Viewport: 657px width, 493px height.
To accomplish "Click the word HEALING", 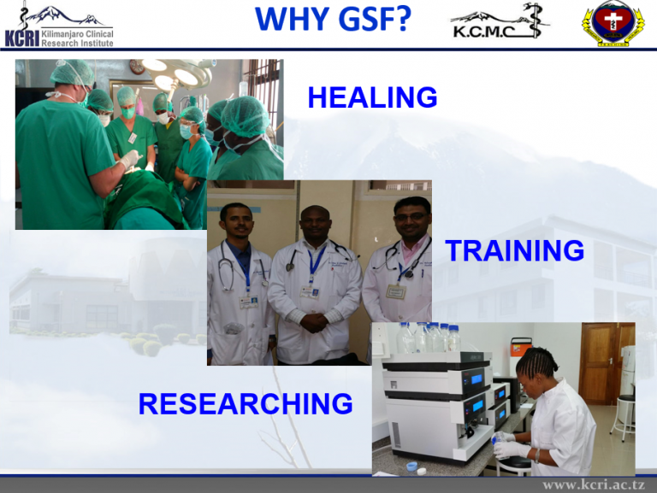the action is coord(372,97).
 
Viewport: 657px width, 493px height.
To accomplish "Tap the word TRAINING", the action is coord(514,250).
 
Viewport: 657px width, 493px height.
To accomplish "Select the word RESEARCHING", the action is coord(246,403).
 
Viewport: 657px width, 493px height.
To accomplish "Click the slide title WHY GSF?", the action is coord(333,19).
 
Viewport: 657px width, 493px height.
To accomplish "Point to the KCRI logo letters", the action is coord(22,38).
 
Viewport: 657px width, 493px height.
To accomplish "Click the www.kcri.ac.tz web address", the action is coord(594,484).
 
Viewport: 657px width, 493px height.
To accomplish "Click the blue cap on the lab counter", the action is coord(411,466).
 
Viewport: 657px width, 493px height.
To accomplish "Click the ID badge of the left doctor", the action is coord(248,302).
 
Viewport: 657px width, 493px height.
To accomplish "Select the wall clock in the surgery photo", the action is coord(137,66).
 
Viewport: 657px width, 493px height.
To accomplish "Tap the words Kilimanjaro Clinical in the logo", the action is coord(77,34).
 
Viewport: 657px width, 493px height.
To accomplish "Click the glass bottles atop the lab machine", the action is coord(429,337).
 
